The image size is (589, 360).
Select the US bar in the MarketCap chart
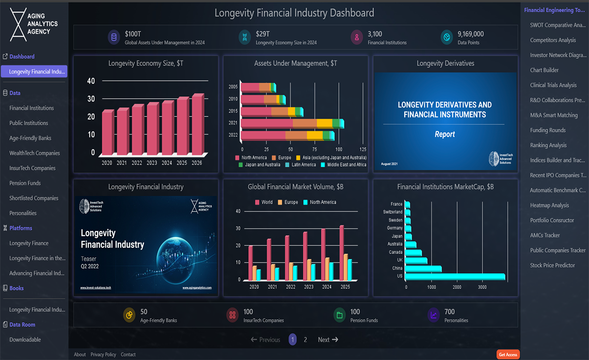tap(455, 277)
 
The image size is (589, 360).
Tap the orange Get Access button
tap(508, 354)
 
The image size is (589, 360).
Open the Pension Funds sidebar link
tap(25, 183)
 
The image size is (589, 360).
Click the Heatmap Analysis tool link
tap(550, 206)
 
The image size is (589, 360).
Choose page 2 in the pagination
tap(306, 340)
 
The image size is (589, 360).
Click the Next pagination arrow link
tap(328, 340)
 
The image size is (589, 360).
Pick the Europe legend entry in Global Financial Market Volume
tap(288, 202)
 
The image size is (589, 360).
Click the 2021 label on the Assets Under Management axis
tap(233, 123)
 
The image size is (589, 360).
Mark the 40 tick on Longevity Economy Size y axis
tap(91, 81)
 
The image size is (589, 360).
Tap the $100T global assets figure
tap(133, 34)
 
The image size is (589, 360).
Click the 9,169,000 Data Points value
tap(470, 34)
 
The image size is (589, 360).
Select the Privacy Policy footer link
tap(103, 354)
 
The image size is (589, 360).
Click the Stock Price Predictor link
tap(553, 265)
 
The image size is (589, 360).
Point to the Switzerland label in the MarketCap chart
tap(392, 212)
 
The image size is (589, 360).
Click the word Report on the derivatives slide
tap(445, 134)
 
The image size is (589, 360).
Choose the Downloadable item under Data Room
tap(25, 340)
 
